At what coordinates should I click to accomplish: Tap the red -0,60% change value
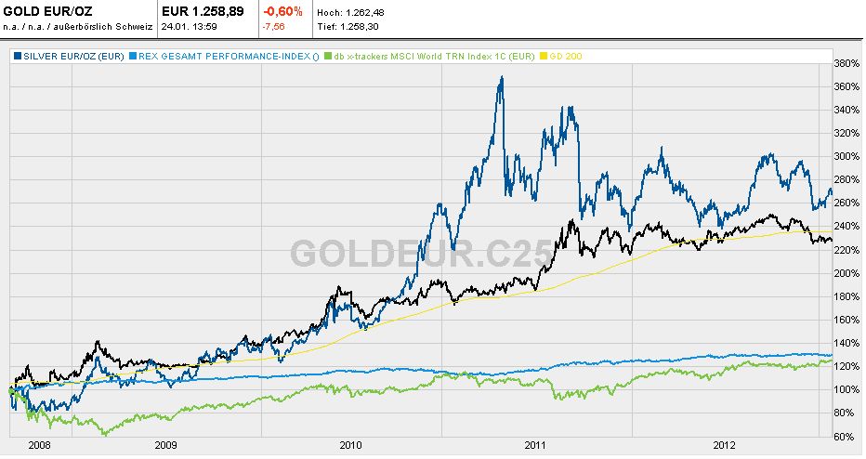[x=283, y=10]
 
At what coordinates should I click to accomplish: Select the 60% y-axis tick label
[x=844, y=436]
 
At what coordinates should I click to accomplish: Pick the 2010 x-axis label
[x=350, y=445]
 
